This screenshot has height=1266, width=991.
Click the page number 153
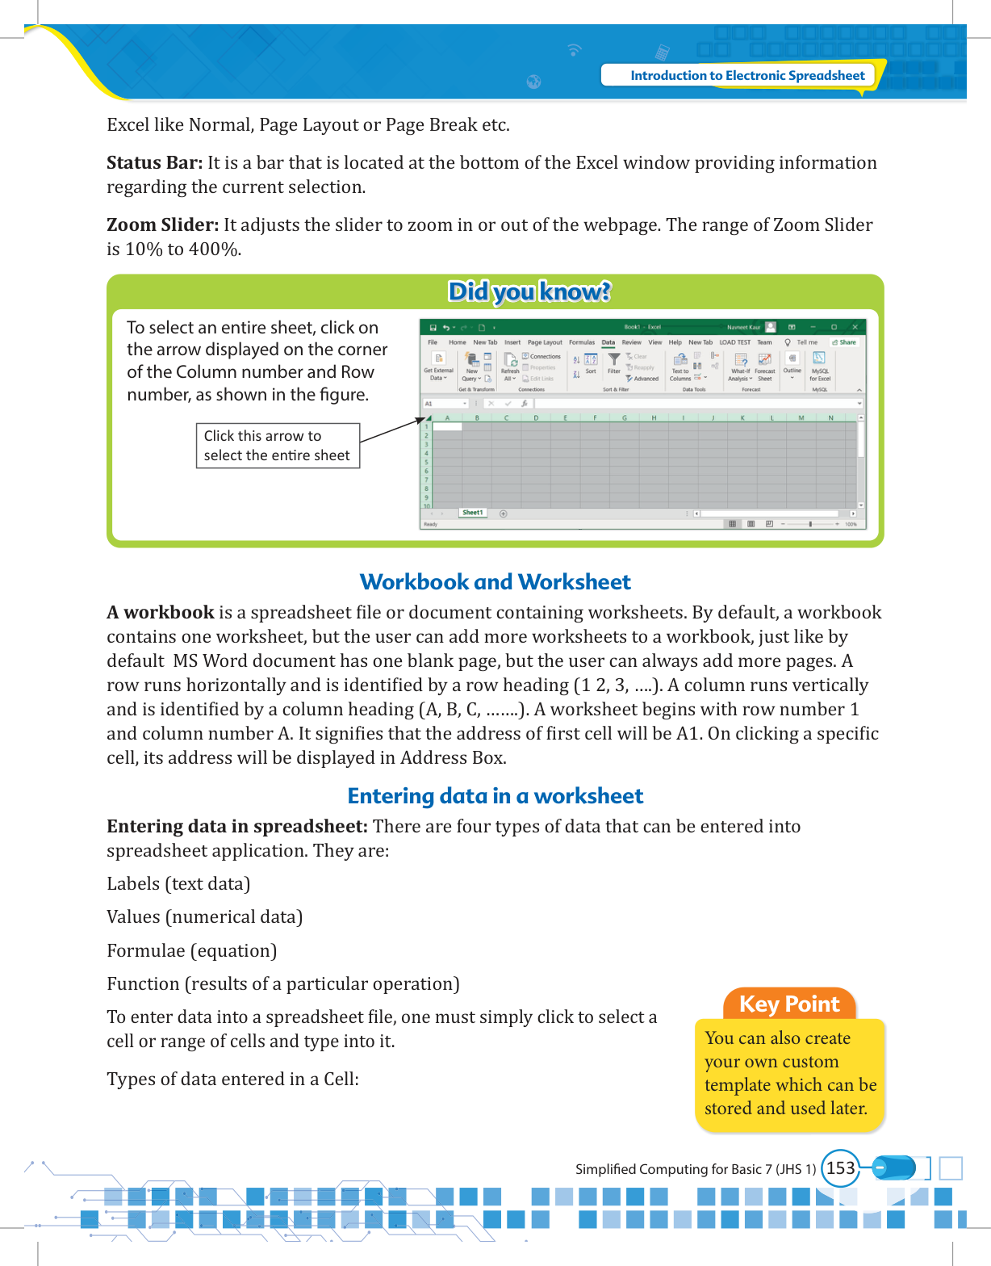click(840, 1168)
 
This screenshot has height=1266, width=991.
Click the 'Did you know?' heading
click(529, 291)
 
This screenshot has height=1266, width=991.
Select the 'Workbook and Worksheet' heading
click(495, 582)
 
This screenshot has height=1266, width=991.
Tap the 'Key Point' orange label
click(789, 1004)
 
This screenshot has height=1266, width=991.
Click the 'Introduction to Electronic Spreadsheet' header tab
click(746, 75)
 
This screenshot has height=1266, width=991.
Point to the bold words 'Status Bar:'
click(154, 163)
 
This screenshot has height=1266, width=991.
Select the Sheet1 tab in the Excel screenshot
click(473, 513)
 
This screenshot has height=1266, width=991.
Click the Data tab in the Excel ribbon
click(608, 342)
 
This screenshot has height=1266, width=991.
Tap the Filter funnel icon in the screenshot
click(614, 359)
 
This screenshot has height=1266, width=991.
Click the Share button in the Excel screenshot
click(844, 342)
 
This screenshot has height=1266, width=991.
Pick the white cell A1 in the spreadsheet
click(447, 426)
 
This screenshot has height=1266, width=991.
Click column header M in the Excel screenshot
click(801, 417)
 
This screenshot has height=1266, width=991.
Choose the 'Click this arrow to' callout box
click(278, 446)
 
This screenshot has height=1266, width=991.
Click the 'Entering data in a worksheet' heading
click(495, 796)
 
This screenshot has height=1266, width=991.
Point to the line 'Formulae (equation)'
click(191, 951)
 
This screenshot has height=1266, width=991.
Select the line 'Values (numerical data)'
click(204, 917)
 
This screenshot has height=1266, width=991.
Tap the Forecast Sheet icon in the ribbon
click(765, 361)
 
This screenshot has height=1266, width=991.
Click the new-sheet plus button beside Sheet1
click(504, 514)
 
